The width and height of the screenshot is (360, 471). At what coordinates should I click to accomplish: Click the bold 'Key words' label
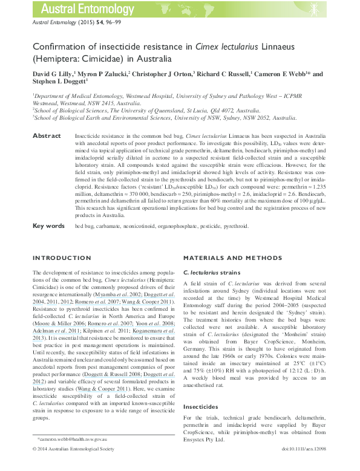(48, 226)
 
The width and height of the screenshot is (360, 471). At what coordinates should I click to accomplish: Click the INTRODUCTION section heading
(61, 258)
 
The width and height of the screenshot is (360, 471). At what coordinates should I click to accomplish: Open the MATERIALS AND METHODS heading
(229, 258)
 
